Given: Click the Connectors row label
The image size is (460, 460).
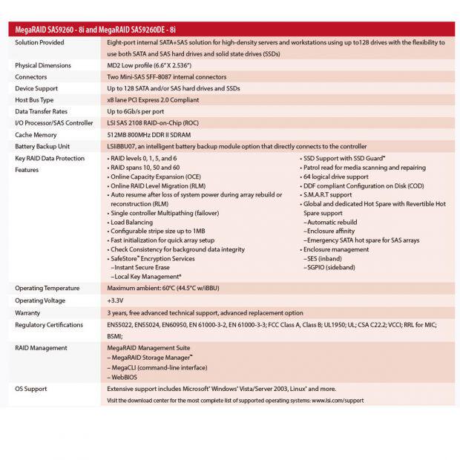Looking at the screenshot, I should point(31,76).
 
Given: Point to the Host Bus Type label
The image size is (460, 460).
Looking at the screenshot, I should point(35,99).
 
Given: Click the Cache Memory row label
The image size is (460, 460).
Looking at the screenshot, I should point(36,134).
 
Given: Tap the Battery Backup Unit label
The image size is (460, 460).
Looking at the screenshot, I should point(43,146).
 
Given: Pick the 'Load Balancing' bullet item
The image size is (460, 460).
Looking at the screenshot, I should point(134,221).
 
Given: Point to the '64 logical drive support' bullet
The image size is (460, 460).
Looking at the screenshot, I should point(335,177).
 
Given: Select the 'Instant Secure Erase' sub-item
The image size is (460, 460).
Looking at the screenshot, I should point(143,266).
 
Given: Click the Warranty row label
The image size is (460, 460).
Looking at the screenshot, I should point(29,312).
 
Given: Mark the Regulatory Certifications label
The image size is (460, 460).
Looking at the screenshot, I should point(49,324).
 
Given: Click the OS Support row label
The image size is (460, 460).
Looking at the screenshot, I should point(31,388).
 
